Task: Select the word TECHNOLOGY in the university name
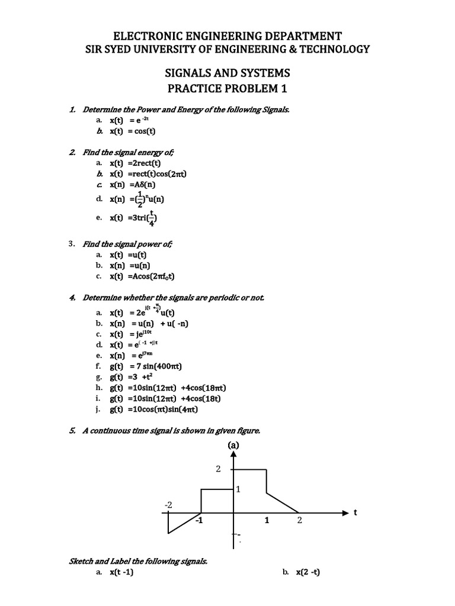331,49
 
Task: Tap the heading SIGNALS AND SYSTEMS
227,73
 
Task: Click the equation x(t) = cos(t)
136,131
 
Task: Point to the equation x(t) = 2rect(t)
135,163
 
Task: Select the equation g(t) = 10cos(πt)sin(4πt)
153,409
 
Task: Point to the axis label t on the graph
355,512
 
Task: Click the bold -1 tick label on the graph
199,521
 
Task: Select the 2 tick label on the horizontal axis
300,521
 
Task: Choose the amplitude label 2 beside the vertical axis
218,469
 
